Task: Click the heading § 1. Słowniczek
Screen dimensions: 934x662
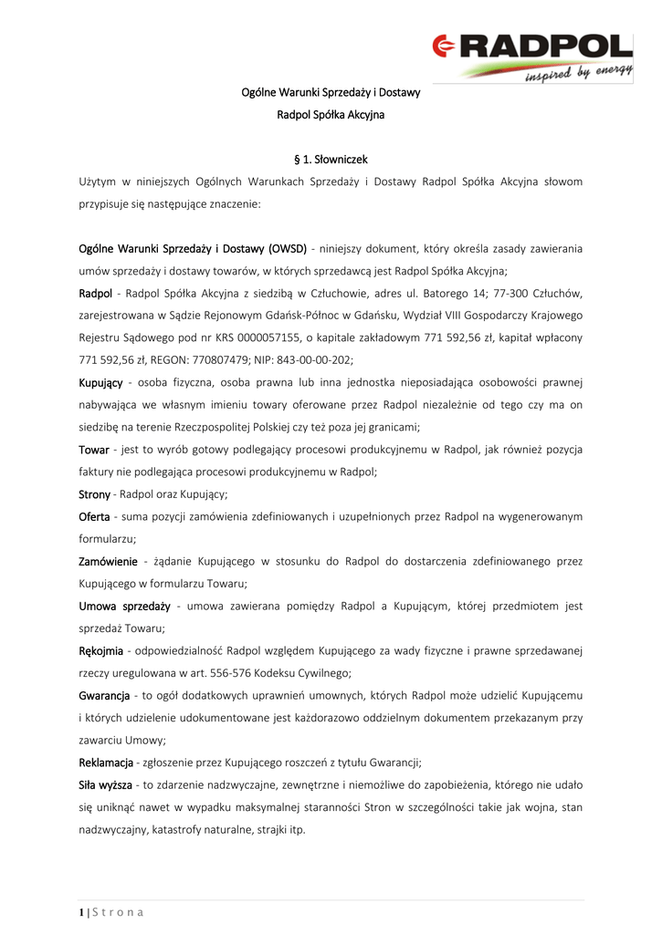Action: pyautogui.click(x=331, y=159)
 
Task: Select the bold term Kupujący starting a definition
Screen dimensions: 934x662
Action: pyautogui.click(x=100, y=380)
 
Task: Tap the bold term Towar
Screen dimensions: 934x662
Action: pyautogui.click(x=94, y=450)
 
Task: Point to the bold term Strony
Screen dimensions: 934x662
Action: pyautogui.click(x=95, y=493)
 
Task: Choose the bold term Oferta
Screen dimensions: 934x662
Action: pyautogui.click(x=94, y=516)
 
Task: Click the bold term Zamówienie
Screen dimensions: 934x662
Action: pyautogui.click(x=109, y=561)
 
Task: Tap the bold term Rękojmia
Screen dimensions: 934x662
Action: pyautogui.click(x=102, y=650)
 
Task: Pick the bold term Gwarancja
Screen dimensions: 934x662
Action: pyautogui.click(x=103, y=695)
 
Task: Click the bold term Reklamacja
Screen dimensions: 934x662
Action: pyautogui.click(x=106, y=762)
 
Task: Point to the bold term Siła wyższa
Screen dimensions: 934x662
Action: pyautogui.click(x=105, y=784)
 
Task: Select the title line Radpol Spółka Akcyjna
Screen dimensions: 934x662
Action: pyautogui.click(x=331, y=115)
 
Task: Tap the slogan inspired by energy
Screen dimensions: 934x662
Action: pyautogui.click(x=578, y=74)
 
